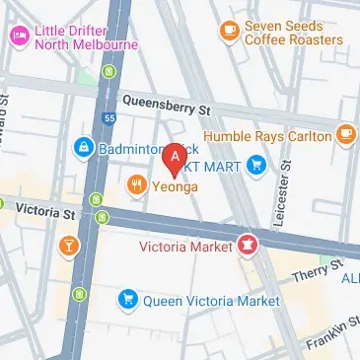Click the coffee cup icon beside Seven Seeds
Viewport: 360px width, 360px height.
click(x=230, y=31)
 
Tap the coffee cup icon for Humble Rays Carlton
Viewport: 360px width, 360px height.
click(x=345, y=133)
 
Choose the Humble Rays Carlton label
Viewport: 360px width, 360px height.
click(x=266, y=135)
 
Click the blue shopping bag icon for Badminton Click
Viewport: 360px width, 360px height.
click(x=84, y=149)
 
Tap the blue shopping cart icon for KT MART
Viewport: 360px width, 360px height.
click(x=257, y=165)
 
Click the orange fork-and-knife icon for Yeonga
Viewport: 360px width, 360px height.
click(x=136, y=182)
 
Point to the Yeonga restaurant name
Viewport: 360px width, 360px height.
click(x=176, y=184)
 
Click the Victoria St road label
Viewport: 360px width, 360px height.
click(x=48, y=211)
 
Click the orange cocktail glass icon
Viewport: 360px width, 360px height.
click(x=70, y=244)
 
